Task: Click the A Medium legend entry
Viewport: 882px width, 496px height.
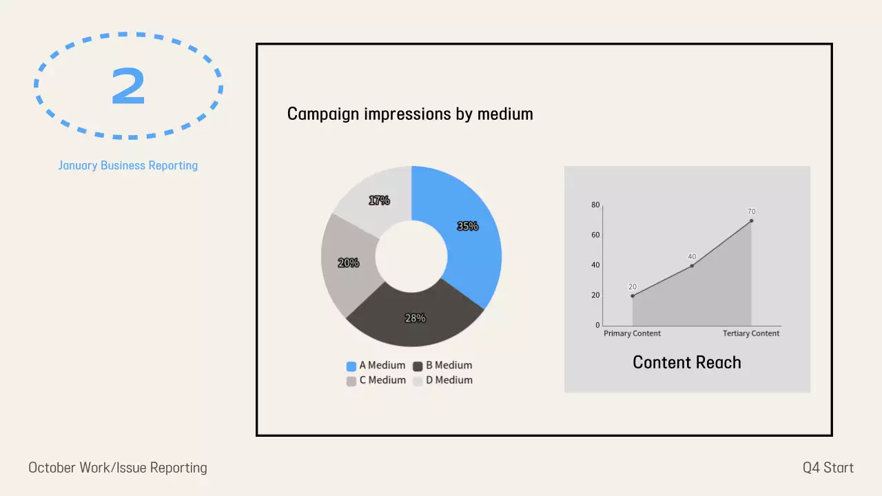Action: (x=376, y=366)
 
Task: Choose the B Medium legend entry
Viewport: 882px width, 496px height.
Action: (x=442, y=366)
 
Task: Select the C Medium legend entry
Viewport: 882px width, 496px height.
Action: (x=376, y=380)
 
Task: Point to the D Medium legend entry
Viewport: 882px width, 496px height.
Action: (x=442, y=380)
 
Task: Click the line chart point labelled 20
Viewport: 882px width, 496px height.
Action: (x=633, y=296)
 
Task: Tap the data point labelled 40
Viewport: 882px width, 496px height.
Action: (x=692, y=266)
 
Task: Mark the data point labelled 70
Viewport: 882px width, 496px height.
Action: (x=751, y=220)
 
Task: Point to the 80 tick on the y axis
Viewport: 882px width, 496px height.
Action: (x=596, y=205)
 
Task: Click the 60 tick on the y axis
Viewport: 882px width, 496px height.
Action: (x=596, y=235)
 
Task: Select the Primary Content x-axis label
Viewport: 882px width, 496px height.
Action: (x=632, y=333)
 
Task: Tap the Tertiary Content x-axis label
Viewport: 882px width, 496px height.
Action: (x=751, y=333)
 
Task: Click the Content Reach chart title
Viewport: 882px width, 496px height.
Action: (x=687, y=362)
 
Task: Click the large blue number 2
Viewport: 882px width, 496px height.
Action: (x=128, y=86)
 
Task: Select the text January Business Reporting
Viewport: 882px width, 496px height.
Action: (x=128, y=165)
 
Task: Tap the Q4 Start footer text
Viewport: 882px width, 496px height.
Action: (x=828, y=468)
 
